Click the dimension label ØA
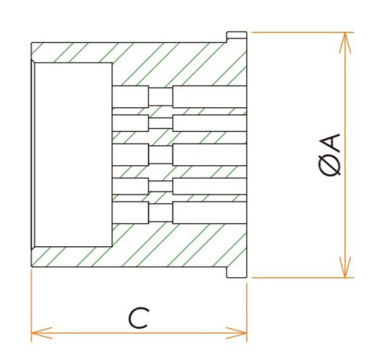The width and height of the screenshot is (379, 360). point(329,155)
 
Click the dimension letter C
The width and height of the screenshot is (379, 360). point(139,318)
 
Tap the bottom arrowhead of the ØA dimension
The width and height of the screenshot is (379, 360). point(345,267)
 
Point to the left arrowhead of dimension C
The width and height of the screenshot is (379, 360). point(42,333)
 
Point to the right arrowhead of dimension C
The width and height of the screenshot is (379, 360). point(236,333)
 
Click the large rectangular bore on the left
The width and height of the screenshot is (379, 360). point(74,154)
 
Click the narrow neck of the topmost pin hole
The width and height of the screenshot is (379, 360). point(161,96)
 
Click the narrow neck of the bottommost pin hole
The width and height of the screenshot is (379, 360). point(161,213)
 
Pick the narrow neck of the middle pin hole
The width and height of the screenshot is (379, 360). point(161,155)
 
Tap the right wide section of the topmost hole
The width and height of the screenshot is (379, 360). point(210,96)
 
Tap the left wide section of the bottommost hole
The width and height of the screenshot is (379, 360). point(130,213)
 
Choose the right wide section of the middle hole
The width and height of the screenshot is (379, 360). point(210,155)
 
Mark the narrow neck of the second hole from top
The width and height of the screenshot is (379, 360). point(161,123)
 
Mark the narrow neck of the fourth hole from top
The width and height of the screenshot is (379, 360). point(161,186)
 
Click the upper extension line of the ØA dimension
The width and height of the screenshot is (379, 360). point(303,32)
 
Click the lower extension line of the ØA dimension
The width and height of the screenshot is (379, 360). point(303,278)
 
